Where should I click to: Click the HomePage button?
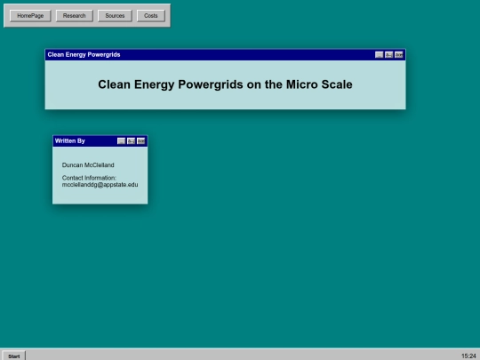coord(29,15)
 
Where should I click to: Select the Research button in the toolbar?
coord(74,15)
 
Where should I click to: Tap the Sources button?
coord(114,15)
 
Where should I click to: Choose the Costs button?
coord(150,15)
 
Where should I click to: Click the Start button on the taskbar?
coord(13,355)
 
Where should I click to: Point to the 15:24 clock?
coord(468,355)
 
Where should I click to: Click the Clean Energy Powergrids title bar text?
coord(84,54)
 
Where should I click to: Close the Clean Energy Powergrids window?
coord(399,54)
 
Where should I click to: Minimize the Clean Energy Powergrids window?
coord(380,54)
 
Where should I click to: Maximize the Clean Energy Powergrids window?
coord(389,54)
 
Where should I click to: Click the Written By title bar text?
coord(70,140)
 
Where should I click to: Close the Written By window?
coord(141,140)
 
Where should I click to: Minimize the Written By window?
coord(122,140)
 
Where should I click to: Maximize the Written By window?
coord(132,140)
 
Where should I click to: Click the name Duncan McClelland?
coord(88,165)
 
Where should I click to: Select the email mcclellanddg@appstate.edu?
coord(100,184)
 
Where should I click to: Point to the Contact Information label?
coord(89,177)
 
